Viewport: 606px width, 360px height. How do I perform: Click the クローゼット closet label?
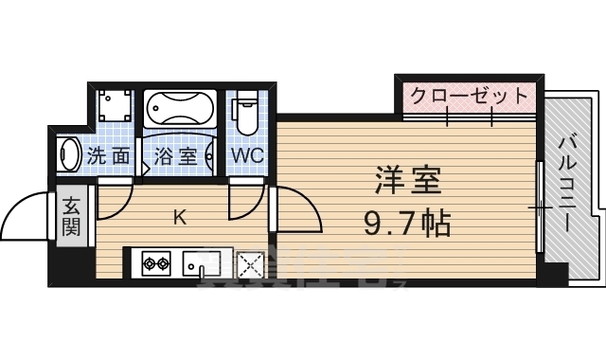[x=468, y=96]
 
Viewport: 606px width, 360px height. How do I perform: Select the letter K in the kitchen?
[x=179, y=217]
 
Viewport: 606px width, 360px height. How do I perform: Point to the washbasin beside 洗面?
[x=67, y=154]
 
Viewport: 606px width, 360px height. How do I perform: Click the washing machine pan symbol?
[x=116, y=109]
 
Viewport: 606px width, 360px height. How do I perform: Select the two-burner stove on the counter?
[x=156, y=262]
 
